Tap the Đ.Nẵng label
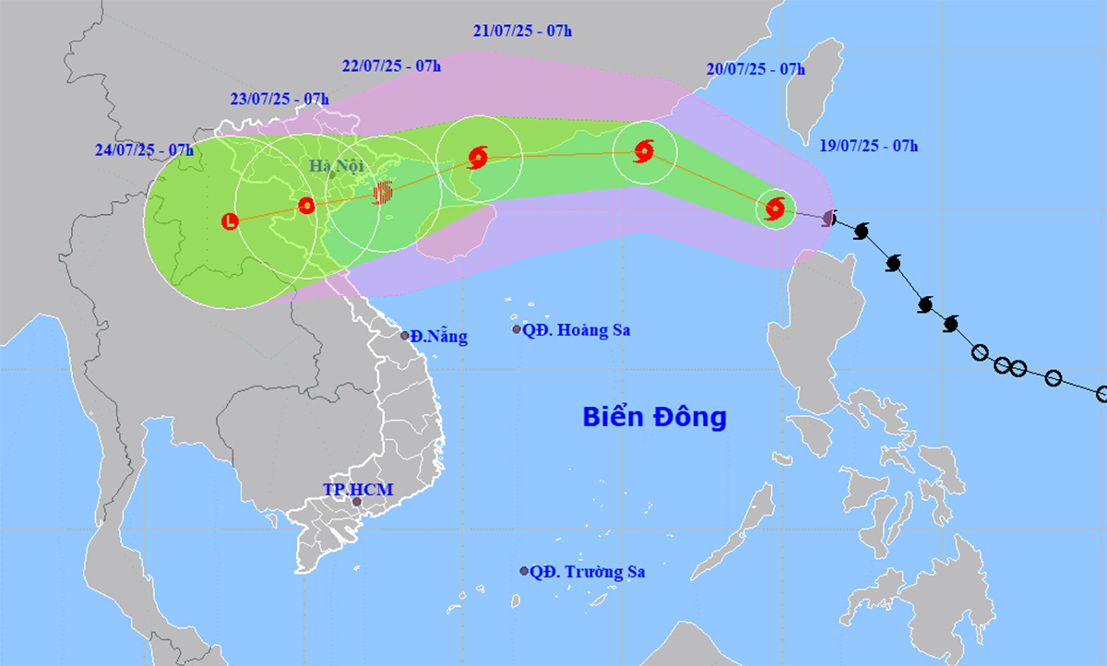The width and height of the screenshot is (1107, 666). tap(439, 337)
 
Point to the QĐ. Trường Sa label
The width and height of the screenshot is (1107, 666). tap(587, 572)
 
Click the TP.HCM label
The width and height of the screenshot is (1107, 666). tap(358, 489)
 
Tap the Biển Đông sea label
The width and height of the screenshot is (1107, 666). tap(654, 417)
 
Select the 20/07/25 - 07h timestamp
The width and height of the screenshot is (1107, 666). tap(756, 69)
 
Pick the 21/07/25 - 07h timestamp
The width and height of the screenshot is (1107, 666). tap(523, 30)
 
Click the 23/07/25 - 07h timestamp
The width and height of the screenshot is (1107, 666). tap(280, 99)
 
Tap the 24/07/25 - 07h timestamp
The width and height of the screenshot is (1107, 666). tap(144, 149)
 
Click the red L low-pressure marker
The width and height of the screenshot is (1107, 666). tap(231, 220)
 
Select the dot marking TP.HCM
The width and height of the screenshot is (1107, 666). tap(357, 503)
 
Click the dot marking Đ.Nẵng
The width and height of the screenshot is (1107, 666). tap(405, 335)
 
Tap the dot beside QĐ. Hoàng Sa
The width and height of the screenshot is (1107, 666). tap(517, 329)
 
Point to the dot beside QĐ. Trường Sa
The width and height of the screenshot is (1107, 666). tap(524, 571)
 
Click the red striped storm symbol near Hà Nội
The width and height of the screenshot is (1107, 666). tap(384, 192)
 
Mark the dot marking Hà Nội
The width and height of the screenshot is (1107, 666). tap(331, 174)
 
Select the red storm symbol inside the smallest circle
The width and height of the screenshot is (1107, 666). tap(775, 208)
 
